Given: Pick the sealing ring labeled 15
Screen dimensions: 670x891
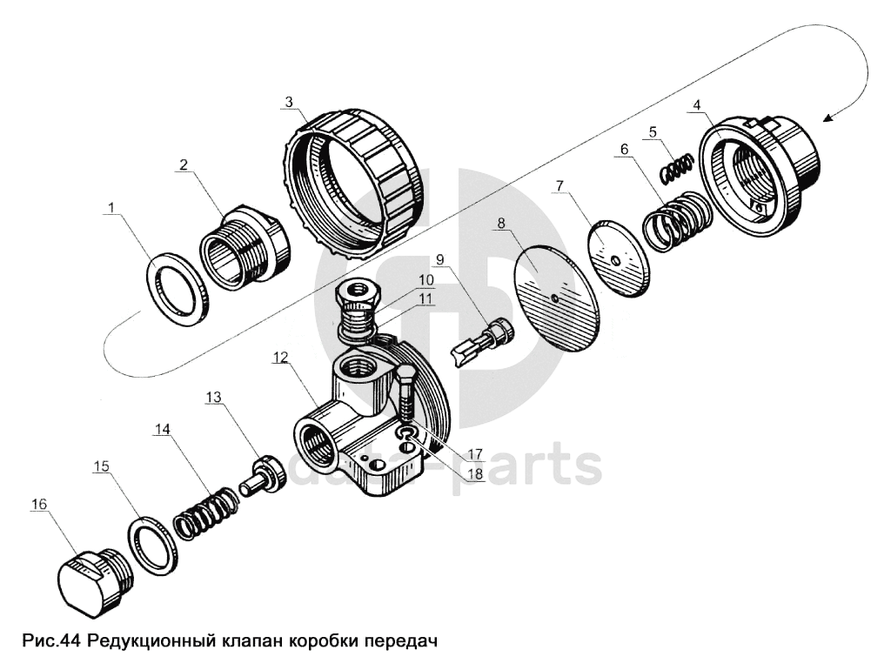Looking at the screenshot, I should coord(152,546).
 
